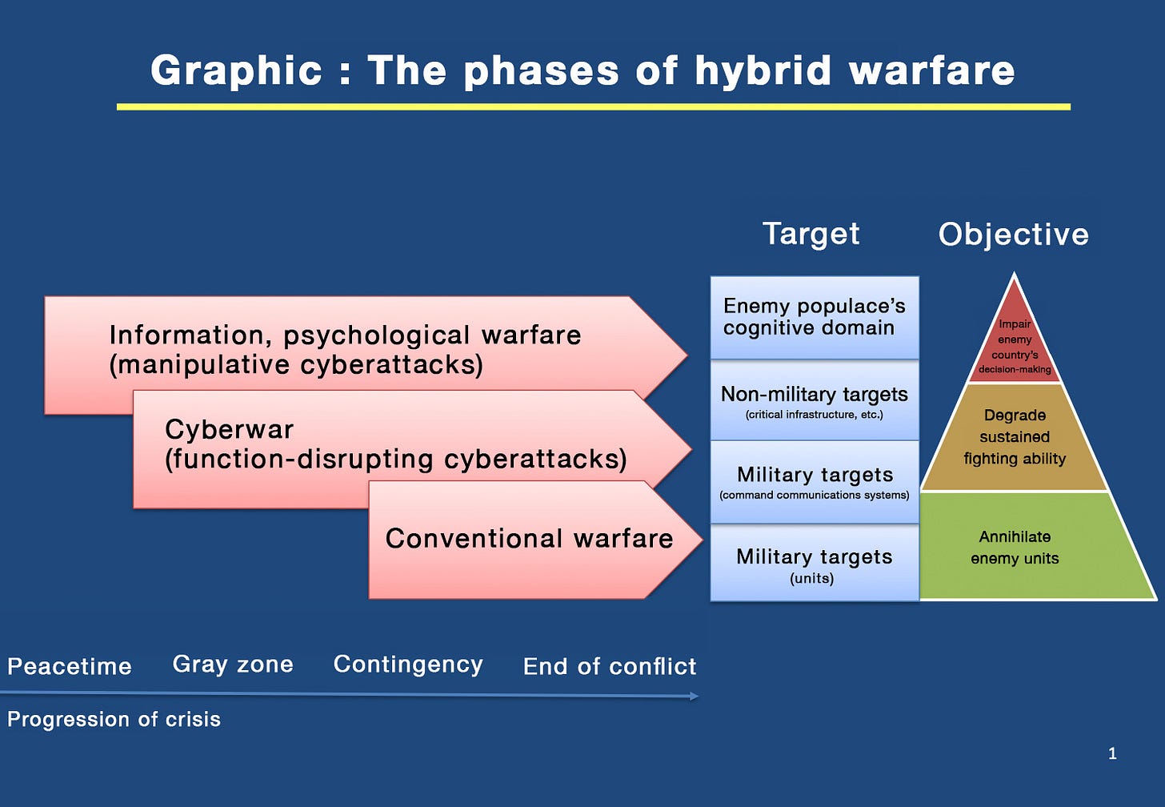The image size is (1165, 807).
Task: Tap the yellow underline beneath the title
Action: pyautogui.click(x=593, y=106)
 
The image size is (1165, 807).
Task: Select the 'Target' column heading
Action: pyautogui.click(x=811, y=234)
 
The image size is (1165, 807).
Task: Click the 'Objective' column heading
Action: pyautogui.click(x=1013, y=235)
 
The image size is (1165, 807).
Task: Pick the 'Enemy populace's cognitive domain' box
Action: pyautogui.click(x=814, y=317)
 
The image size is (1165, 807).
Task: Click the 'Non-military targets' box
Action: pyautogui.click(x=814, y=401)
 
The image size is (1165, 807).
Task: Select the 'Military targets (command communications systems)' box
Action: pyautogui.click(x=814, y=482)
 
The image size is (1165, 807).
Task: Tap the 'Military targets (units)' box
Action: pyautogui.click(x=814, y=564)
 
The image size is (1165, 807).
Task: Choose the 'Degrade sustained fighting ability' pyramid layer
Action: pyautogui.click(x=1015, y=437)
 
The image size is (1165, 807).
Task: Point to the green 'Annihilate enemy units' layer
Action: pyautogui.click(x=1015, y=548)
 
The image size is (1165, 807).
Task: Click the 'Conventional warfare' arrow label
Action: pyautogui.click(x=529, y=539)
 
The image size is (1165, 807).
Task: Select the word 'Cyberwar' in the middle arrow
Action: pyautogui.click(x=229, y=430)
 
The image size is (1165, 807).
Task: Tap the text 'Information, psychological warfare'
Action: pyautogui.click(x=345, y=335)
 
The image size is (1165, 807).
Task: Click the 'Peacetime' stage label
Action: pyautogui.click(x=70, y=666)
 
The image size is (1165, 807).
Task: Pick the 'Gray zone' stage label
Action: pyautogui.click(x=233, y=664)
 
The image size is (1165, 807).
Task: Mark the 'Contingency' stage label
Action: pyautogui.click(x=408, y=664)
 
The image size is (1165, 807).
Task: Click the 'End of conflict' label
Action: pyautogui.click(x=609, y=666)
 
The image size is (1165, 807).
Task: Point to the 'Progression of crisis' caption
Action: pyautogui.click(x=114, y=719)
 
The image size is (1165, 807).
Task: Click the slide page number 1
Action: pyautogui.click(x=1112, y=753)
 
